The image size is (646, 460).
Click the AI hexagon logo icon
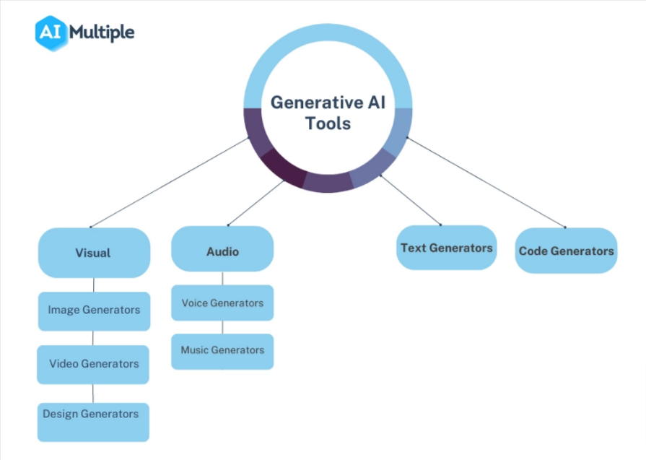(51, 33)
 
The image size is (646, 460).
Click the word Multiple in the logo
(102, 33)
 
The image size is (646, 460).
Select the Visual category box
(94, 253)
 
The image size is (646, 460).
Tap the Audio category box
(222, 248)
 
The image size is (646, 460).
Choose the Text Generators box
(446, 248)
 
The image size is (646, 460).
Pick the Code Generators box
(566, 251)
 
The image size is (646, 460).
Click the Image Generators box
(94, 311)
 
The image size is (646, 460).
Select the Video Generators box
(93, 365)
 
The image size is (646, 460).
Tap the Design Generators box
(93, 422)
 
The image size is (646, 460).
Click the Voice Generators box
(222, 303)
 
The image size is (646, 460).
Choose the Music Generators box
(222, 352)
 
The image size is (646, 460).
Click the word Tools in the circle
(328, 123)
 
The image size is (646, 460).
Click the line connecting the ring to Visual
(170, 182)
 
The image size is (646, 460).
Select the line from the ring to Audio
(256, 203)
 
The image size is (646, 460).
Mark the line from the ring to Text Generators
(411, 200)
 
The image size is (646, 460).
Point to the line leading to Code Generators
(486, 182)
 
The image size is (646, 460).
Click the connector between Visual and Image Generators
(94, 285)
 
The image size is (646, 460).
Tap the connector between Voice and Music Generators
(222, 327)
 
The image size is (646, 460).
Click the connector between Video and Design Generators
(92, 394)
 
